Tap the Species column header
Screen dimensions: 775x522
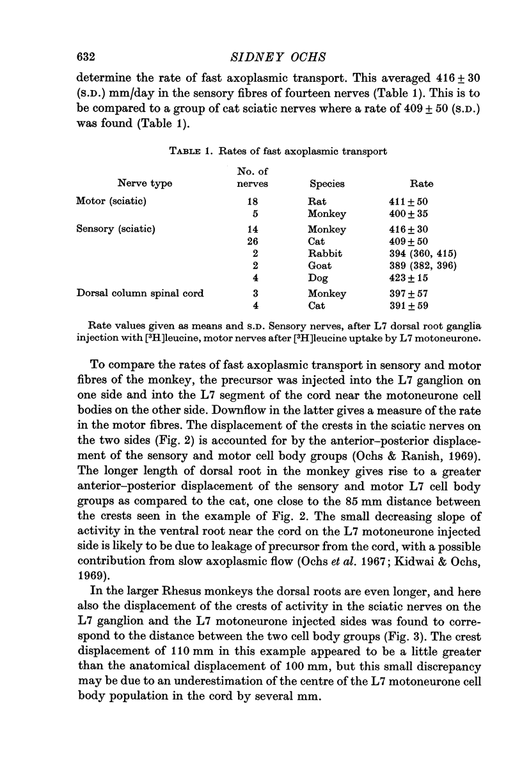(x=327, y=184)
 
